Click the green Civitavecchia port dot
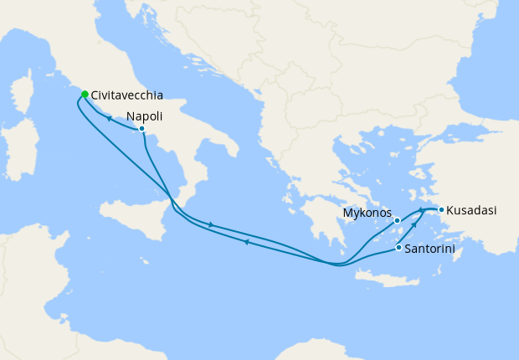(x=85, y=95)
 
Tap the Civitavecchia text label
(x=126, y=95)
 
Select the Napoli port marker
(x=142, y=129)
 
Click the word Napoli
(x=145, y=116)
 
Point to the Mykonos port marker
(x=398, y=222)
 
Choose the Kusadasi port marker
(x=440, y=209)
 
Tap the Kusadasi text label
(x=472, y=209)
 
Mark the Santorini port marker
(x=398, y=248)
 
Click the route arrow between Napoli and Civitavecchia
(x=110, y=119)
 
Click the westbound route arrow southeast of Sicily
(x=246, y=242)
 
